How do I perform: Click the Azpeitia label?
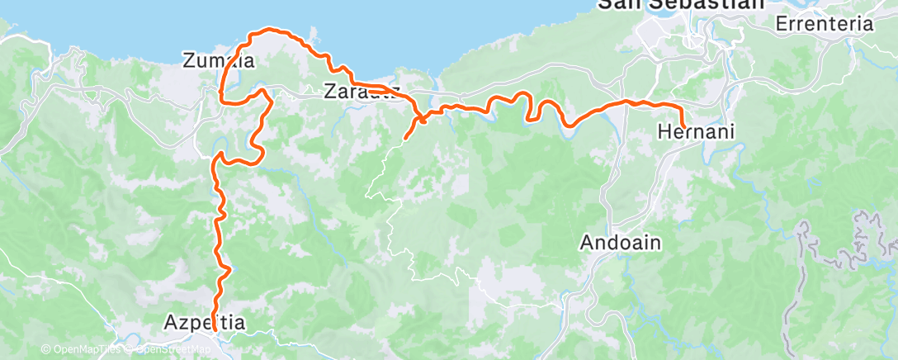click(206, 323)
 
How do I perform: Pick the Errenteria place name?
click(824, 24)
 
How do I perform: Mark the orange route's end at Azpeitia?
click(215, 330)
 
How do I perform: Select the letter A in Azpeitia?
click(171, 323)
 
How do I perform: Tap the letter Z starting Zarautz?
click(332, 89)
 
